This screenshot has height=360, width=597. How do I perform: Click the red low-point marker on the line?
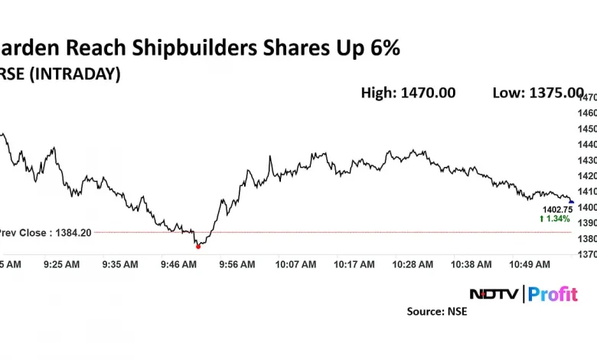click(198, 246)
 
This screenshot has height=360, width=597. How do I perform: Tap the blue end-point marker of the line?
click(571, 201)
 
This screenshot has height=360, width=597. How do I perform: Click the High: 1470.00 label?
click(408, 93)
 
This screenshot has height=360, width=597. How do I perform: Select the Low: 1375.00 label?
click(538, 93)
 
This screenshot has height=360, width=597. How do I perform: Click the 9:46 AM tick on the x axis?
click(178, 264)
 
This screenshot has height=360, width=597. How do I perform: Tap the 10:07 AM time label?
click(295, 264)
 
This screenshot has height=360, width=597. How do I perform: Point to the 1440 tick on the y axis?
click(587, 145)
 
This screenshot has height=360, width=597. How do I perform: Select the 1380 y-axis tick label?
click(587, 239)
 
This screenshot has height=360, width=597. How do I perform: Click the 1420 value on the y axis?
click(587, 176)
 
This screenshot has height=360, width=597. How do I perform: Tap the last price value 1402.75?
click(557, 209)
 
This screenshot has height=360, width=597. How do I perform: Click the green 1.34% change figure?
click(556, 218)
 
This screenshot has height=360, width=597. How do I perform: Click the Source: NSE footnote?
click(436, 312)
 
